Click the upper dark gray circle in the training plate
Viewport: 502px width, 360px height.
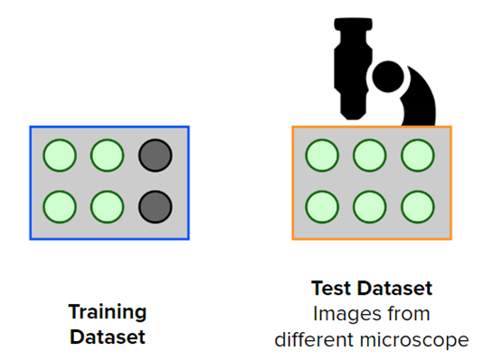click(155, 156)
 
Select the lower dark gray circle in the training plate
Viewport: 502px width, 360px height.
click(155, 206)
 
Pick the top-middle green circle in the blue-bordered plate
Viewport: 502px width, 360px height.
click(107, 156)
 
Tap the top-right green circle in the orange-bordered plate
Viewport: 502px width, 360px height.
click(417, 156)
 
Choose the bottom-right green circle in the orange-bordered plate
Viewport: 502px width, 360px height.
click(417, 206)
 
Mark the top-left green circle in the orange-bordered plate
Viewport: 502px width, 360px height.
click(321, 156)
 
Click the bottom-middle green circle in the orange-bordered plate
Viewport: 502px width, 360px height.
click(369, 206)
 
